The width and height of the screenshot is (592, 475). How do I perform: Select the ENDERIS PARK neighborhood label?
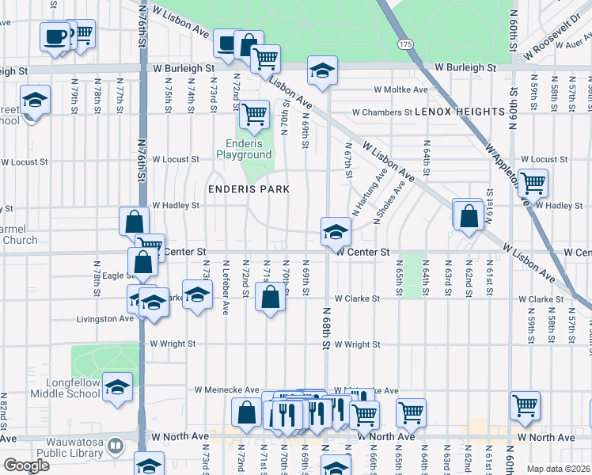[249, 189]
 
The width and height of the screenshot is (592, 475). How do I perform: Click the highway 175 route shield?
[406, 44]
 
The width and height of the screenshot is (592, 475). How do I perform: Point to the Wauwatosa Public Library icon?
[116, 447]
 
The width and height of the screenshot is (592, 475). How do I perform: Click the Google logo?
[25, 465]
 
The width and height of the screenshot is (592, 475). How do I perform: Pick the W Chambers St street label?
[382, 112]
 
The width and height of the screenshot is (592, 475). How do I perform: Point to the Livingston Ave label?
[105, 319]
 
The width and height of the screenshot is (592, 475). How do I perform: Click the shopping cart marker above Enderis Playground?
[254, 115]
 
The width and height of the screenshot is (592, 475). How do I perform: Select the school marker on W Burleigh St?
[323, 70]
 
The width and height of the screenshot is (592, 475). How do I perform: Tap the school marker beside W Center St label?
[335, 232]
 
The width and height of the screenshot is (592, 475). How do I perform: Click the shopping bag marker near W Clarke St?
[270, 298]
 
